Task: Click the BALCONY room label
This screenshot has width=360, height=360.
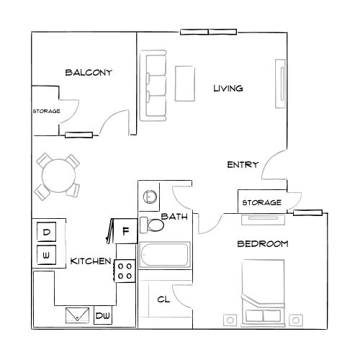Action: (88, 72)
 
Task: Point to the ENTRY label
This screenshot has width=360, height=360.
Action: (243, 165)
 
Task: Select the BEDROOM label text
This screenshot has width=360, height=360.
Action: (263, 244)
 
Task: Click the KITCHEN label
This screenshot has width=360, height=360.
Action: (90, 261)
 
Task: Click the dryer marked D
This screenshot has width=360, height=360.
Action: (46, 233)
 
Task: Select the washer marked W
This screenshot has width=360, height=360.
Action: (46, 254)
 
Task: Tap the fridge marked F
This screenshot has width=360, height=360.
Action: (125, 230)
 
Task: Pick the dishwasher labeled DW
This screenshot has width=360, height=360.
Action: (103, 315)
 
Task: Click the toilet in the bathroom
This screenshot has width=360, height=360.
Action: (153, 225)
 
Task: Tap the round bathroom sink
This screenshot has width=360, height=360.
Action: (150, 196)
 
